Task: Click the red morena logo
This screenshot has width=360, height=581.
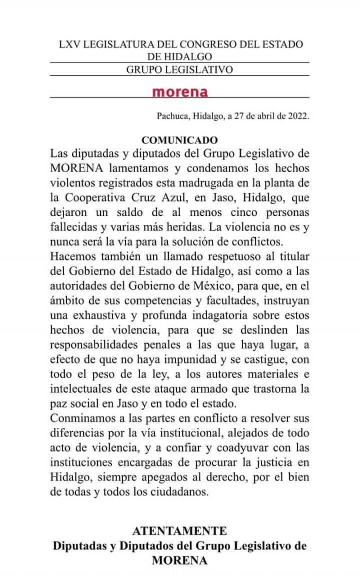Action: click(180, 92)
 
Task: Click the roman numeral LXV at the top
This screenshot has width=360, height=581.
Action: click(70, 44)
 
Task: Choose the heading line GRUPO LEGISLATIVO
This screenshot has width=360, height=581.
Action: click(179, 69)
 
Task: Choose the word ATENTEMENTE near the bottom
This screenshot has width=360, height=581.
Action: click(179, 531)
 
